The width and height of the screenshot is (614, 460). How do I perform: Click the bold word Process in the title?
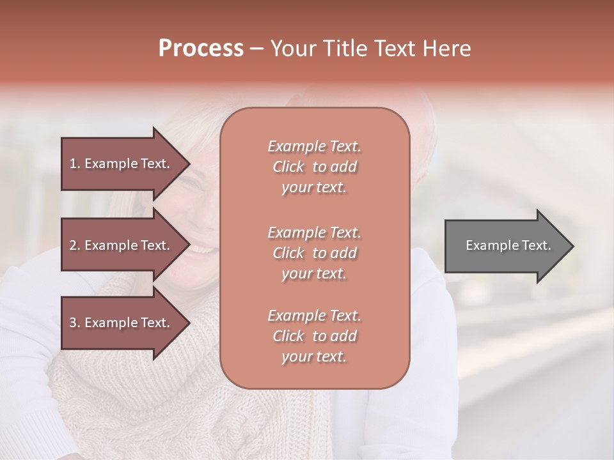point(201,48)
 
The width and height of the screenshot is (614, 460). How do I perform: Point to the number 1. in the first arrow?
point(75,164)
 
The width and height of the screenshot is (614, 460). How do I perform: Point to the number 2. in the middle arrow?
point(75,245)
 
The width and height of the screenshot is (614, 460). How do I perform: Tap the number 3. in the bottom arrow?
point(75,323)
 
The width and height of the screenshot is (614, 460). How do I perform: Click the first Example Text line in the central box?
point(314,146)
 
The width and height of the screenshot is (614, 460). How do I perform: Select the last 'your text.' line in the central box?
point(314,356)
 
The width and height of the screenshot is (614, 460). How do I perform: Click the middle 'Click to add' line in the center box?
point(314,253)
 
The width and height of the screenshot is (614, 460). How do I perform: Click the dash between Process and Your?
point(256,49)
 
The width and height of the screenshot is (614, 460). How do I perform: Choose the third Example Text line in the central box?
point(314,316)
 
